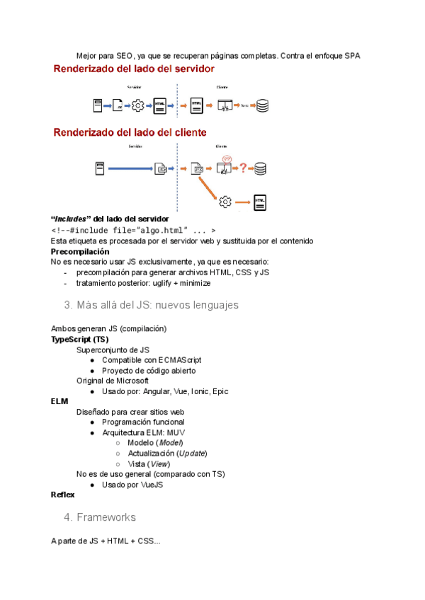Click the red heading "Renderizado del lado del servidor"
point(135,69)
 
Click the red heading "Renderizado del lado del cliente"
point(130,132)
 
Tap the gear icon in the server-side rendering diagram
point(138,106)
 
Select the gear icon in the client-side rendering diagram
point(226,201)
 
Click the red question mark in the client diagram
point(243,168)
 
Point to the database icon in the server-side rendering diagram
point(263,106)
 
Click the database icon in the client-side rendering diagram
point(261,168)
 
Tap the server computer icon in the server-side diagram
point(99,106)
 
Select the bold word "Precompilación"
point(80,251)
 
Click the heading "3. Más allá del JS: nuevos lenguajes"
point(151,305)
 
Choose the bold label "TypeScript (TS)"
point(80,339)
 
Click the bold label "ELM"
point(59,401)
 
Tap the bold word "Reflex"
point(62,495)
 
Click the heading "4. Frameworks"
point(100,517)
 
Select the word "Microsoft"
point(132,381)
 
